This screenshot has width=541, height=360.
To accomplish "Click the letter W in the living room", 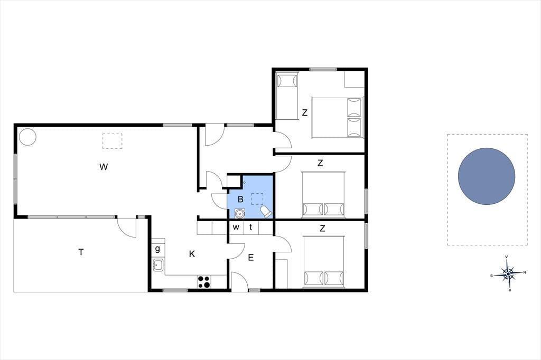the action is (x=104, y=167).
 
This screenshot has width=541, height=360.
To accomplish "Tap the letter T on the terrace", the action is (x=81, y=252).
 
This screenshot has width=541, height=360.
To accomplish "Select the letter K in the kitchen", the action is (x=192, y=254).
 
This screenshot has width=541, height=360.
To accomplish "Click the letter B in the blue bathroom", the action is (x=240, y=200).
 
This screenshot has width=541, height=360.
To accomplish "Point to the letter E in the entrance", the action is (x=251, y=258).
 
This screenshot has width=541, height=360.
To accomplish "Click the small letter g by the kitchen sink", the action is (x=157, y=249).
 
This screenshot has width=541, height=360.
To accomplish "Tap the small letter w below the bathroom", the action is (x=236, y=227).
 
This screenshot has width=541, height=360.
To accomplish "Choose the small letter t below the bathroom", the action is (x=251, y=227).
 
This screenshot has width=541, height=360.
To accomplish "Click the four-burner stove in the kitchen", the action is (x=204, y=282).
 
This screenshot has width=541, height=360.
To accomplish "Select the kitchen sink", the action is (x=158, y=265).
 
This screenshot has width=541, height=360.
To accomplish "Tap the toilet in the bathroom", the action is (x=266, y=212).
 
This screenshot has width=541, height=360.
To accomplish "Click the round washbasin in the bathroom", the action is (x=239, y=214).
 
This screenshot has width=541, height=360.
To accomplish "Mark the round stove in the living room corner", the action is (x=27, y=137).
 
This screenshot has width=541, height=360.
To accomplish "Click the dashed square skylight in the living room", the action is (x=112, y=141).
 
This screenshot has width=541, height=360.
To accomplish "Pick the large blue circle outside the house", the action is (x=487, y=176).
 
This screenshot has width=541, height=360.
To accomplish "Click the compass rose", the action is (x=508, y=274).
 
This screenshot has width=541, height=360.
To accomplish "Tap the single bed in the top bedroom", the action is (x=287, y=96).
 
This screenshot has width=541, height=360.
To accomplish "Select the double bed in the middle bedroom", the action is (x=323, y=195).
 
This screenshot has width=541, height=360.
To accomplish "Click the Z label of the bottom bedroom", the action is (x=323, y=228).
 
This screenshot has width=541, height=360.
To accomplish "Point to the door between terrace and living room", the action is (x=127, y=228).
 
